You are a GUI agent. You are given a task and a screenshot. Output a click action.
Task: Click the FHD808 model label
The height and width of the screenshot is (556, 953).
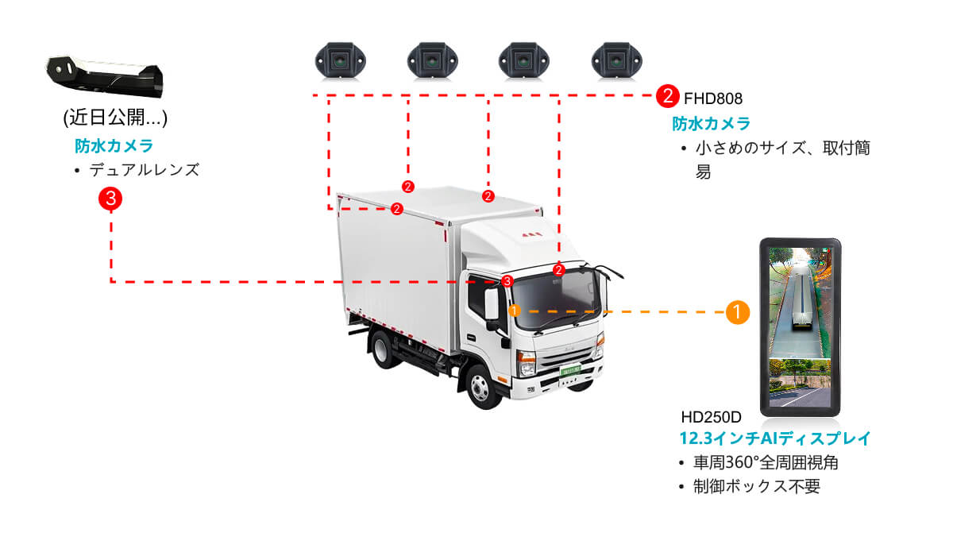coord(712,98)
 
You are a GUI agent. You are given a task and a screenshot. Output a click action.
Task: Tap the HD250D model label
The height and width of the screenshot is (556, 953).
coord(711,417)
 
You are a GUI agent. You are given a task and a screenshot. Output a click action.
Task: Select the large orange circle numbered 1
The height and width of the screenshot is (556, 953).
coord(737,312)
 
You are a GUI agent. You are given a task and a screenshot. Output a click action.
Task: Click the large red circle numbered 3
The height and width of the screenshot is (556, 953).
coord(110,199)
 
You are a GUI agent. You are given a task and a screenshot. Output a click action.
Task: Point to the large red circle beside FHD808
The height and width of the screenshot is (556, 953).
coord(667,96)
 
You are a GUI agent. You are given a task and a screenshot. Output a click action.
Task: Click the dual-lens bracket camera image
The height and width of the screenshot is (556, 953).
coord(105,76)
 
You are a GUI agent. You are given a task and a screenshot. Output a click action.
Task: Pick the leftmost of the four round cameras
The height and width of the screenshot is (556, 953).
coord(341,61)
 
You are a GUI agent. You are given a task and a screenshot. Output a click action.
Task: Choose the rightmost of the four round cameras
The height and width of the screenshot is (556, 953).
coord(616,61)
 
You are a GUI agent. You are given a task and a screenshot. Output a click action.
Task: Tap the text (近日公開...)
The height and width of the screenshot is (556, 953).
coord(115,118)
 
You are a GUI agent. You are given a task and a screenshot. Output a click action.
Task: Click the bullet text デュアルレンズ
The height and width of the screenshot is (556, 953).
coord(145,170)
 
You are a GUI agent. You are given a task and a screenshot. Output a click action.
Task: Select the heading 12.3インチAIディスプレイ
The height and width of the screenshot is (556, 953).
coord(775,438)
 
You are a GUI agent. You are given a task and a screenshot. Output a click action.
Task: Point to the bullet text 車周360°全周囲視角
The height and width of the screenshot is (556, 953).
coord(766,462)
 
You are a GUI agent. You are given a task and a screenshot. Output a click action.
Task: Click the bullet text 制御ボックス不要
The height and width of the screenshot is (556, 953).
coord(757,486)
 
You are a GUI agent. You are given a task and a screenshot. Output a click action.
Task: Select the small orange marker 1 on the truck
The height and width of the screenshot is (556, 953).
coord(515,311)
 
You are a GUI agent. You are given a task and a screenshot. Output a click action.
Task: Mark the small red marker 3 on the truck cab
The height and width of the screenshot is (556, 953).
coord(507,281)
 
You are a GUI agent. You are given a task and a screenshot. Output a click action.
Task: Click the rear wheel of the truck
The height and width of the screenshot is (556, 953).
coord(383,350)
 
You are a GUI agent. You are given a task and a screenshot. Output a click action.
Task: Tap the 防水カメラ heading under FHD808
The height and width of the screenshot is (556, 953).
coord(711,124)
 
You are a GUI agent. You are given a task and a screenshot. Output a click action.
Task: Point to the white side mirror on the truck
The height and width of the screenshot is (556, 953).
coord(492,303)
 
